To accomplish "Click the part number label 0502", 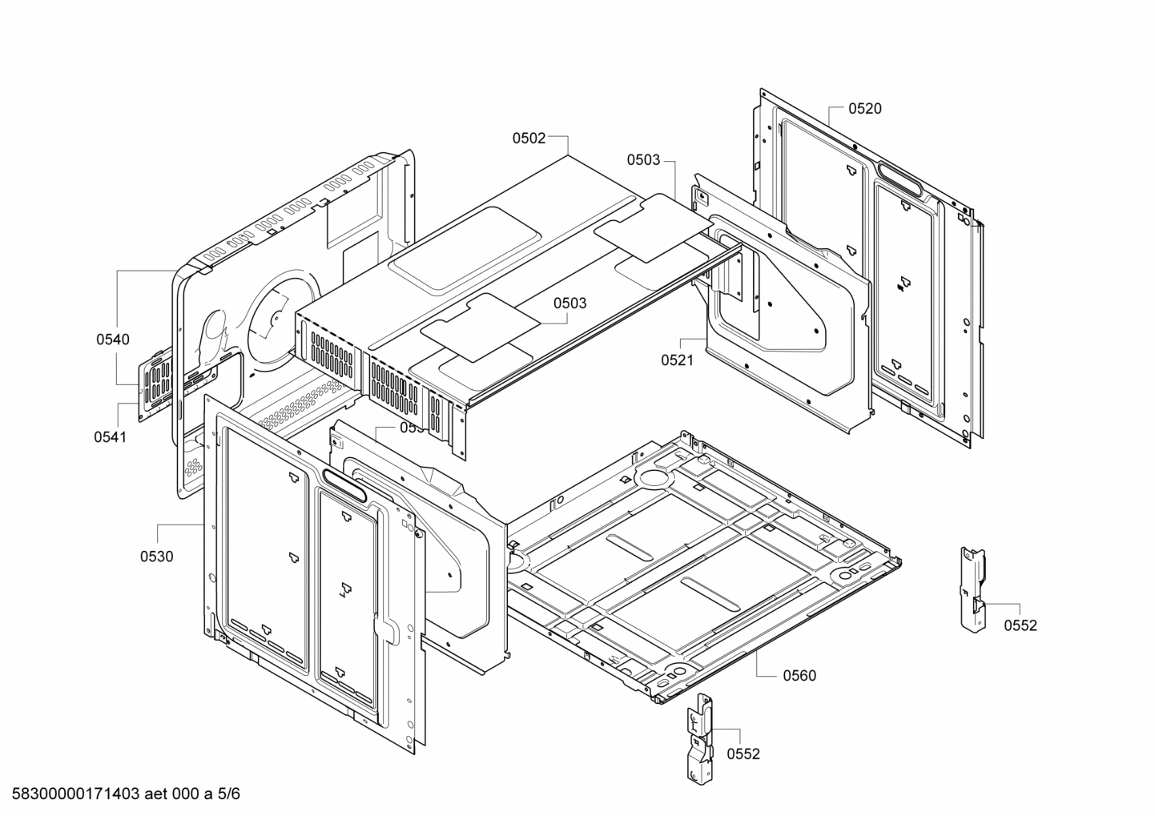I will [x=529, y=138].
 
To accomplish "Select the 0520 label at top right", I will [x=865, y=109].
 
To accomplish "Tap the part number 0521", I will [x=677, y=360].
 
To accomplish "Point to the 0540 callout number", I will [x=113, y=340].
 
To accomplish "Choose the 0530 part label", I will [x=156, y=557].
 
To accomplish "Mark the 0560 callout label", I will [x=799, y=676].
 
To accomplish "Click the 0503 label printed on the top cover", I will [x=569, y=303].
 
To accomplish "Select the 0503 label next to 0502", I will [x=643, y=160].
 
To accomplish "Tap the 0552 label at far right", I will [x=1020, y=625].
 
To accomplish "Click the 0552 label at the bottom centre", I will [x=743, y=754].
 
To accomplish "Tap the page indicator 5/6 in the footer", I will [x=228, y=794].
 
